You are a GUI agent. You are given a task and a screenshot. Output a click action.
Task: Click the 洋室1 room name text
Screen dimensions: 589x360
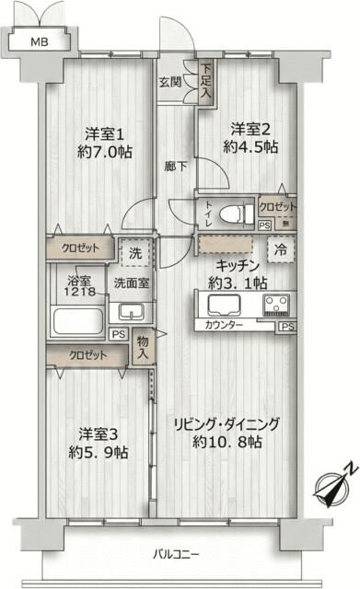pos(99,132)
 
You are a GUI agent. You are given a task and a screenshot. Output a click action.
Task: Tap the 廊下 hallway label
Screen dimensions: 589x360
pos(176,167)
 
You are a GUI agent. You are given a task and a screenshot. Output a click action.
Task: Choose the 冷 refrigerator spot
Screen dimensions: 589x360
pos(279,248)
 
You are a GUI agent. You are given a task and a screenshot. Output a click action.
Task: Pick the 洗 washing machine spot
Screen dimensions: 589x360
pos(134,251)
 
